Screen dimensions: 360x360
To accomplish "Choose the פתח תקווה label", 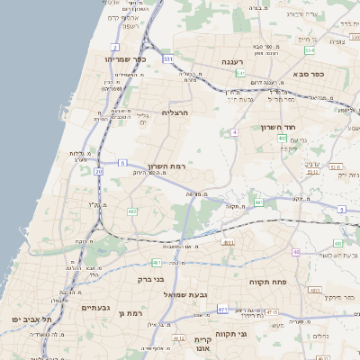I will point(266,282).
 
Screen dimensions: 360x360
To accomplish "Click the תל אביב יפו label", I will point(38,319).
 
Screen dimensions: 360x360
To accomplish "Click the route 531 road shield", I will point(168,58).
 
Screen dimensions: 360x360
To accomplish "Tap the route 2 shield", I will point(115,47).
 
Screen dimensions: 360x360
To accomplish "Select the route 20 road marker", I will point(98,170).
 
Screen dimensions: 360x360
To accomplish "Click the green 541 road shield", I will point(240,73).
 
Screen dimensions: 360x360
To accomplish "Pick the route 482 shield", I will point(132,211).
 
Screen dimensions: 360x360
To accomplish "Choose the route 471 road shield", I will point(221,309).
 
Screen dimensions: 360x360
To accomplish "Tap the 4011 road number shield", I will point(228,242).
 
